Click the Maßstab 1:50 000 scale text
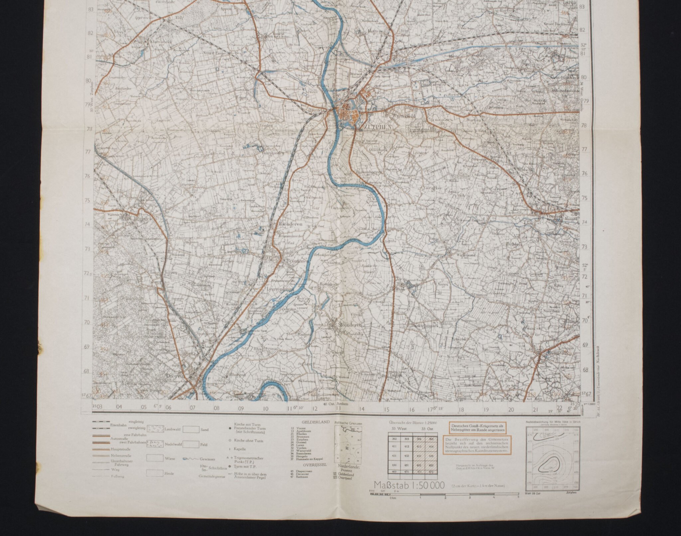click(x=409, y=485)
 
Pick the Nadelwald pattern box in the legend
click(x=155, y=444)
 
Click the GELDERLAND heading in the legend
click(x=311, y=422)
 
